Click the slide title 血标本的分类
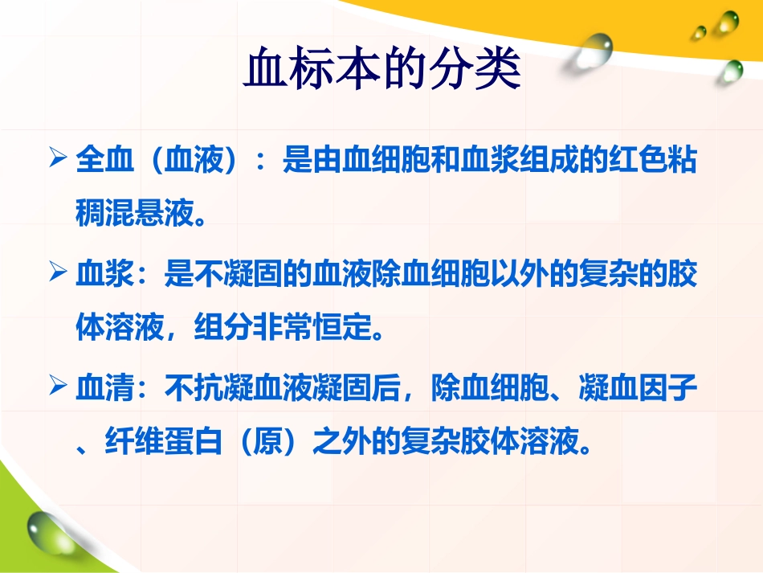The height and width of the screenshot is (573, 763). pos(381,71)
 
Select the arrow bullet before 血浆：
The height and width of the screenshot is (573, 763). pos(57,273)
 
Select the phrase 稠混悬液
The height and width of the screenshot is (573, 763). pos(134,215)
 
